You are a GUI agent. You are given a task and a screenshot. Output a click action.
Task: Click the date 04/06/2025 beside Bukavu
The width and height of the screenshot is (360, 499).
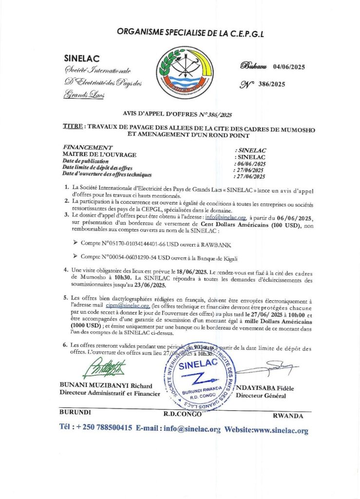tap(289, 67)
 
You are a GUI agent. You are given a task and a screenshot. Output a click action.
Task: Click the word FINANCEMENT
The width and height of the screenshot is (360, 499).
tap(88, 147)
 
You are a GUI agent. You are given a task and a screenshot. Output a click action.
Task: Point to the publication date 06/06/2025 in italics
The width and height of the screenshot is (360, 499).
tap(251, 164)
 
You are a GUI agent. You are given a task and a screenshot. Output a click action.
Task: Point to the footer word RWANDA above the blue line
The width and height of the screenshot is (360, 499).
tap(288, 416)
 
